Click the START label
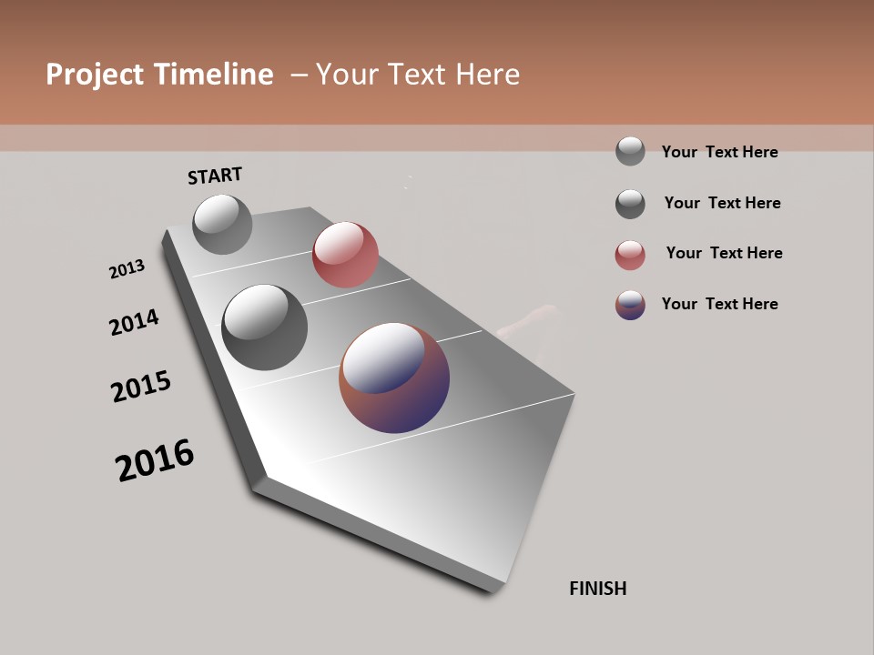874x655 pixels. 215,176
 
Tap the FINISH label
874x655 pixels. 597,589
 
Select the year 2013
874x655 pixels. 127,269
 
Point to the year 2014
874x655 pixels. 134,322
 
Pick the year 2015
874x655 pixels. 141,387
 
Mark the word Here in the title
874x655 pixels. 487,75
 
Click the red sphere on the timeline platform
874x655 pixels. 345,255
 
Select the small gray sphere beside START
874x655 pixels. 222,224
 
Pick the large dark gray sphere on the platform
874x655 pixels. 264,327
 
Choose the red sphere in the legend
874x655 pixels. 630,255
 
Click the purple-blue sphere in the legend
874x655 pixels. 630,305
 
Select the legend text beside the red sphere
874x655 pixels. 724,253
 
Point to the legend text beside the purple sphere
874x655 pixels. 719,304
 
